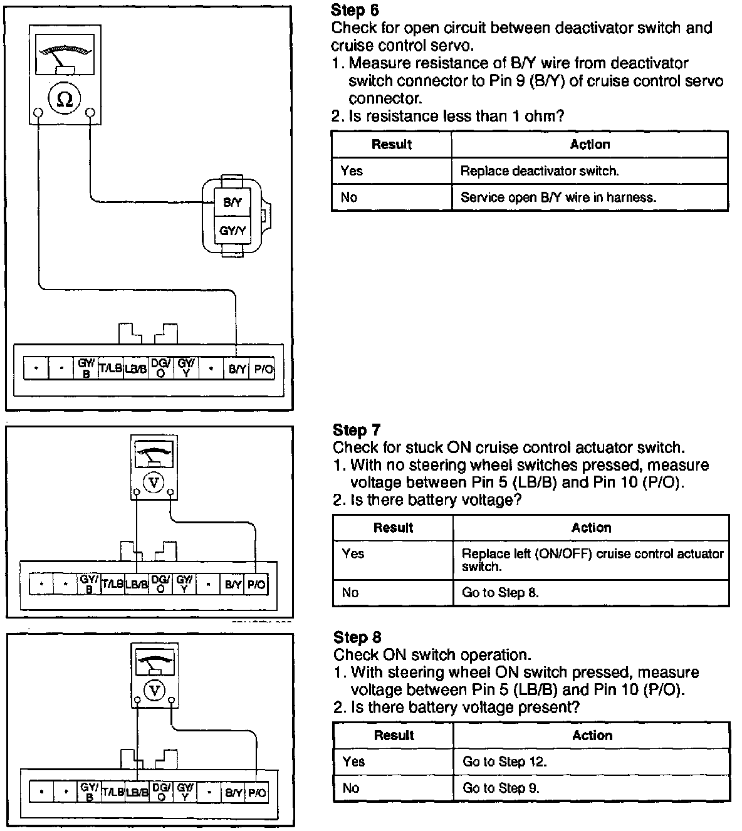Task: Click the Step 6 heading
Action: tap(355, 10)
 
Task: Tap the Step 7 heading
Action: tap(357, 430)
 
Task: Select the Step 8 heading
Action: tap(357, 637)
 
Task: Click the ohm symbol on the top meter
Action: tap(64, 99)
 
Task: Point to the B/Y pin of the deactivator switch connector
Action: tap(232, 202)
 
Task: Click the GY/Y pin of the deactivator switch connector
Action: tap(232, 231)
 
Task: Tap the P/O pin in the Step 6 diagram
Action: tap(262, 369)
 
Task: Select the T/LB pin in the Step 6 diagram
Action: tap(110, 368)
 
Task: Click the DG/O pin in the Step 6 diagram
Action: tap(161, 368)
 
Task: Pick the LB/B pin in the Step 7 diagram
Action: tap(136, 585)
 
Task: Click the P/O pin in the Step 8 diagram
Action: tap(257, 793)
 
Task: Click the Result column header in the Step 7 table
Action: tap(393, 528)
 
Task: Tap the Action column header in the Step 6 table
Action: tap(590, 145)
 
